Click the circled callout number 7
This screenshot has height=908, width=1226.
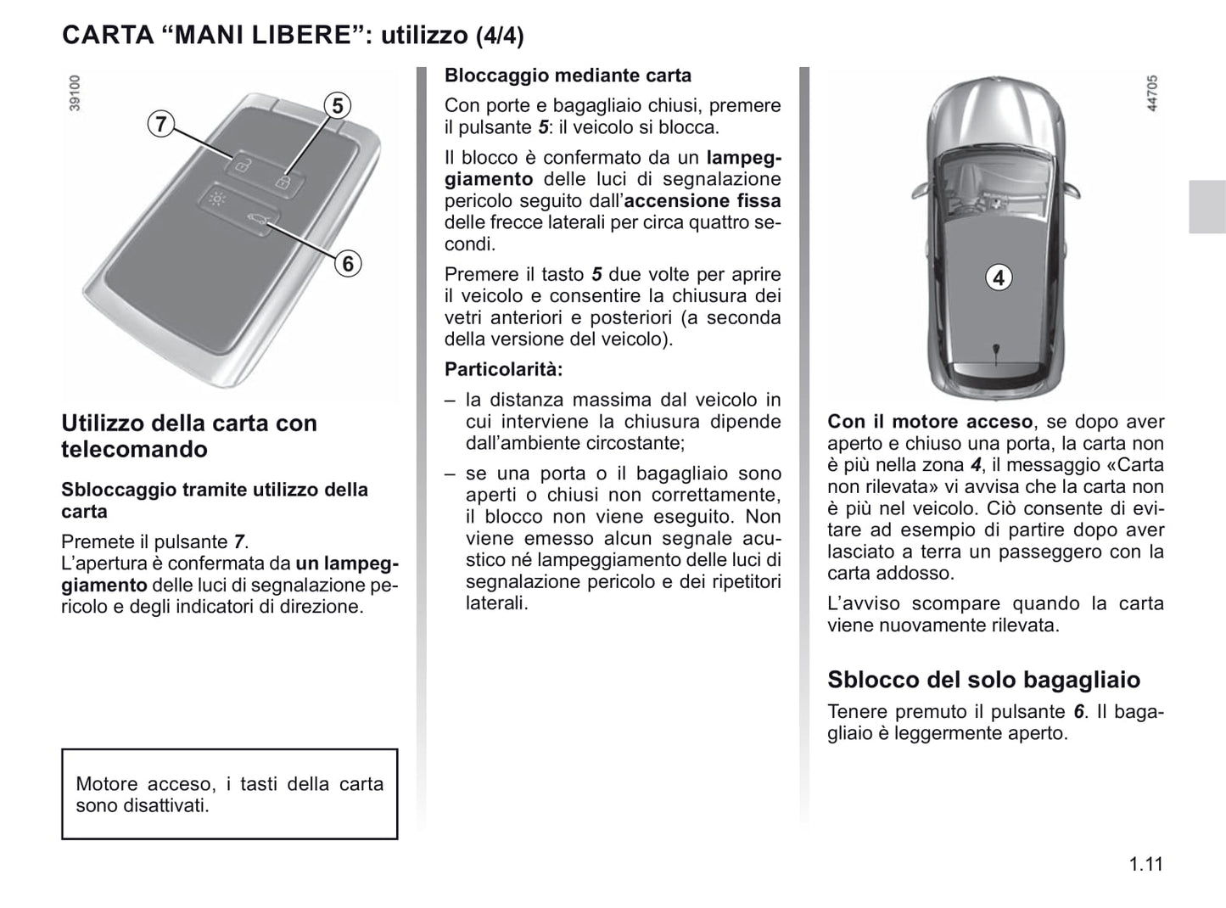(160, 124)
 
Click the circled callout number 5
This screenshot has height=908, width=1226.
(338, 106)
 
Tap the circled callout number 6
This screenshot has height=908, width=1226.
(347, 264)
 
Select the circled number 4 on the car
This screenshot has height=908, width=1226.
(999, 277)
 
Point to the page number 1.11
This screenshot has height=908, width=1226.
(1145, 865)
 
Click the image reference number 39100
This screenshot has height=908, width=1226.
(75, 92)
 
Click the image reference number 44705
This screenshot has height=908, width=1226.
(1151, 93)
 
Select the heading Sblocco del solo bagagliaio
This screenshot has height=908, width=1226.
(983, 680)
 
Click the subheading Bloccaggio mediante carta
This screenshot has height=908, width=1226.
(568, 76)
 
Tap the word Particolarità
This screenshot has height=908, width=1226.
(503, 370)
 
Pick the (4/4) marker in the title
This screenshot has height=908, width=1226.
(499, 36)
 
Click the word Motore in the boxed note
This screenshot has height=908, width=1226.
(105, 784)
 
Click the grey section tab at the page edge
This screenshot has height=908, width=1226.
(1206, 206)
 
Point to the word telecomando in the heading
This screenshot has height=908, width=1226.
(134, 449)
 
